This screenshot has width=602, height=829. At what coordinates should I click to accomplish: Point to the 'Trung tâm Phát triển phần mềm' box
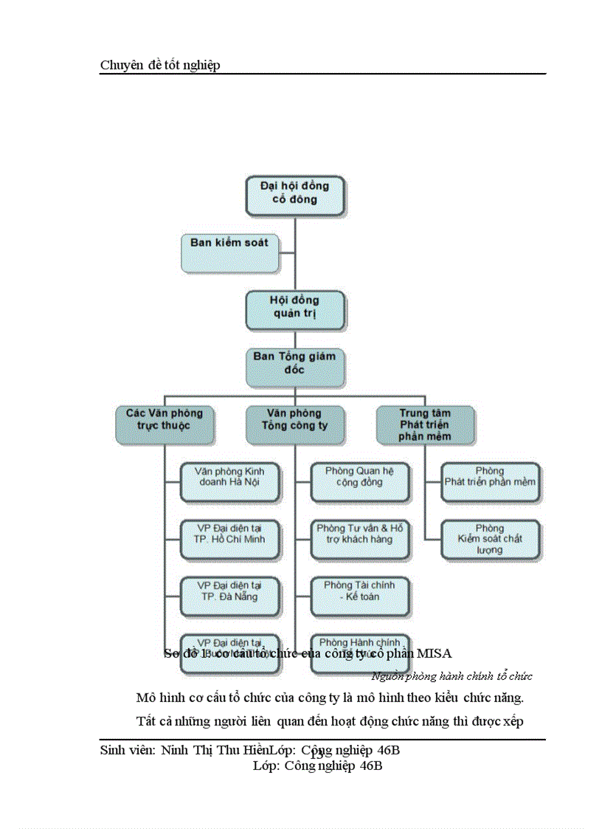[425, 424]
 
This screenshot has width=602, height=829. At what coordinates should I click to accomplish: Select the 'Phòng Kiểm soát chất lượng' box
[490, 538]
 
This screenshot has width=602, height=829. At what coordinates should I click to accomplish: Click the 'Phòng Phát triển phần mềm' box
[490, 481]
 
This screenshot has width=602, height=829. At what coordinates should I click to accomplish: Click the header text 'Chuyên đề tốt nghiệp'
[160, 66]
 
